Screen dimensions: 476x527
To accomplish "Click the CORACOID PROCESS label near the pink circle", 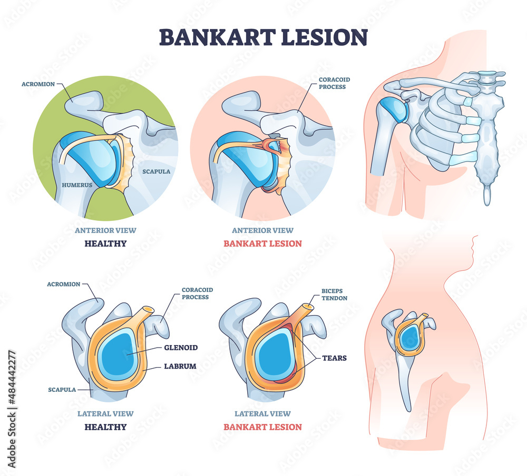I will (x=334, y=83).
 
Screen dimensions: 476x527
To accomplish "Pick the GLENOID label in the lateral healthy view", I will (x=181, y=348).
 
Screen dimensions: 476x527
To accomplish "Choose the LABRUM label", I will (x=180, y=366).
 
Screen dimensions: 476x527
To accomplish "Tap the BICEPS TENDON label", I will (x=334, y=294).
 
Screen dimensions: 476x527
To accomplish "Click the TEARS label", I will (x=334, y=358).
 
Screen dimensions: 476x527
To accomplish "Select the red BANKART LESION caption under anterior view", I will (x=262, y=244).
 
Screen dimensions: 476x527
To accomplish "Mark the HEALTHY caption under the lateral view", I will (x=105, y=427).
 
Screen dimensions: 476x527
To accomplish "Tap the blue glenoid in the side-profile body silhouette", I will (x=408, y=337).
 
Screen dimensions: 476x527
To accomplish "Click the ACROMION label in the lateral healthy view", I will (x=63, y=284).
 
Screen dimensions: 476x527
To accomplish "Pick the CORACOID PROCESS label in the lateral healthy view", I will (x=195, y=293).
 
